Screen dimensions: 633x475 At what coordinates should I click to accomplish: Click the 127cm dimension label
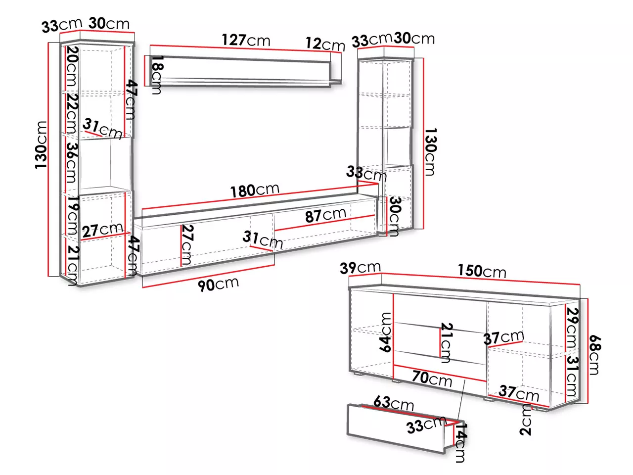click(246, 40)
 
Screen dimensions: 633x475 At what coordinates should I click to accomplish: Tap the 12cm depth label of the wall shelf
click(325, 44)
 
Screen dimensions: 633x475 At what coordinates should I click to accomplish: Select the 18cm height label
click(157, 75)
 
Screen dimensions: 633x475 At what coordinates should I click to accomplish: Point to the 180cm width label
click(255, 190)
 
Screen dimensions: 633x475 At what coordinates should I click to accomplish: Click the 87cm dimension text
click(325, 215)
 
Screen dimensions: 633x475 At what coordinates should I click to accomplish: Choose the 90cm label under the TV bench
click(218, 284)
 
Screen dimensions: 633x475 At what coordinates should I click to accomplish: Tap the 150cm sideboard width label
click(482, 271)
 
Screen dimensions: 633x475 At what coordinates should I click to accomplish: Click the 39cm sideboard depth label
click(360, 268)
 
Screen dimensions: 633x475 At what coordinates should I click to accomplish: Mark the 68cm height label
click(594, 354)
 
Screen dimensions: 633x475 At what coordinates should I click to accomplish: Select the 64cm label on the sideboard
click(385, 332)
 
